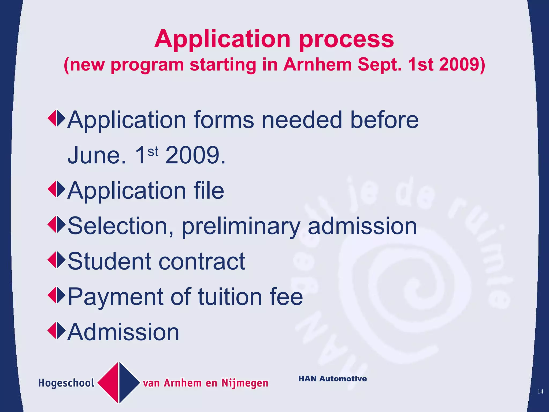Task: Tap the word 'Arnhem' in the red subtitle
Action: [318, 65]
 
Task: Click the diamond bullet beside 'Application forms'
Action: [57, 118]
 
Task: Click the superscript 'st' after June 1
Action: [153, 152]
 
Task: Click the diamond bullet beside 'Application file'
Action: [57, 189]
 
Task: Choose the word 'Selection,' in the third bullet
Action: [121, 226]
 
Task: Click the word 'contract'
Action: [202, 261]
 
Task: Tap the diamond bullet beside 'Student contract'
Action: [57, 260]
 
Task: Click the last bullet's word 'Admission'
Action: [123, 332]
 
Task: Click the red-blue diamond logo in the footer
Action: [119, 383]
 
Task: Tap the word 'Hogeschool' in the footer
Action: [66, 383]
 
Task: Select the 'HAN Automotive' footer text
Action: [332, 379]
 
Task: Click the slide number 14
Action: [540, 392]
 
